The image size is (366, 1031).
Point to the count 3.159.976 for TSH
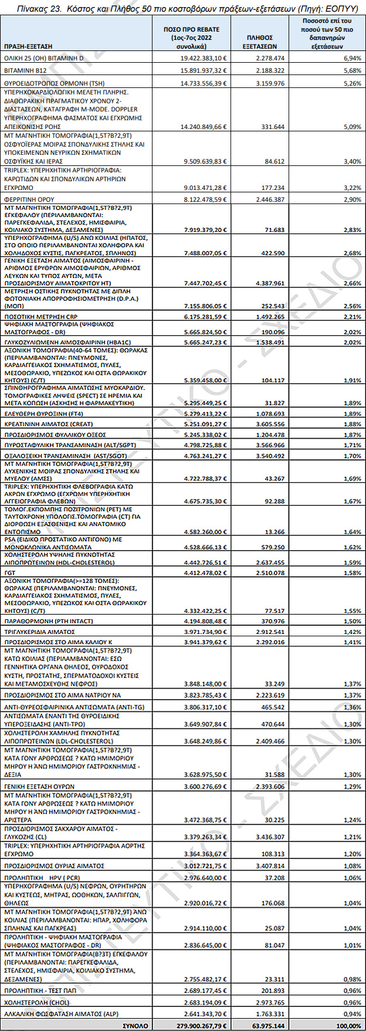point(270,84)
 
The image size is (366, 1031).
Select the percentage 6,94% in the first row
point(353,59)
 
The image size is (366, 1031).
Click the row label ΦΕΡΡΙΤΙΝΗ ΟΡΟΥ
point(29,199)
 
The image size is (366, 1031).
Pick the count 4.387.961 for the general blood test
point(270,283)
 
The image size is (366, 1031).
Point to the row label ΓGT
point(10,573)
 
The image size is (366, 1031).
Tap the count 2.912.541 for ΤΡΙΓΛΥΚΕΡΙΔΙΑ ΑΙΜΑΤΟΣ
point(270,632)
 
